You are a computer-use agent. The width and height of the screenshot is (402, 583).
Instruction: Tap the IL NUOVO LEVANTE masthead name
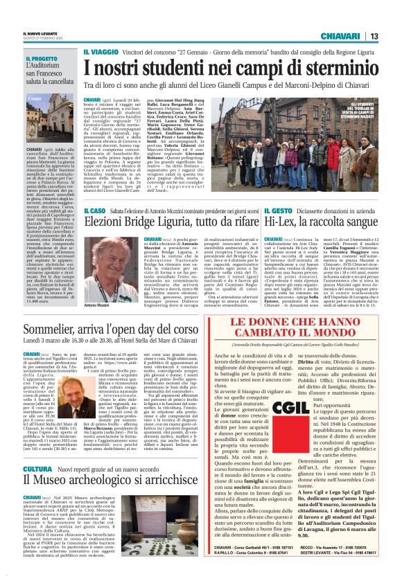click(x=33, y=33)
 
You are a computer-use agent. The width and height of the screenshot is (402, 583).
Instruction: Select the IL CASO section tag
click(x=98, y=210)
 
